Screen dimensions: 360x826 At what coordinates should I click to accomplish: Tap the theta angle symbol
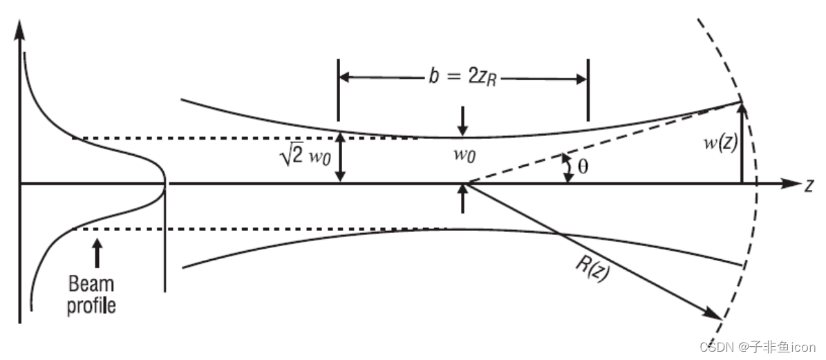click(x=583, y=168)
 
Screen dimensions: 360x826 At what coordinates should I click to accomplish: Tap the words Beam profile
click(x=91, y=294)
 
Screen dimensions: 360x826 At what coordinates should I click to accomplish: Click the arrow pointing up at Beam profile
click(x=97, y=253)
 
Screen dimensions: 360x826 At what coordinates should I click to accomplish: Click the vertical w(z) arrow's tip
click(x=742, y=106)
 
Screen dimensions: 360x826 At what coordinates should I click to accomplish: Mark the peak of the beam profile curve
click(x=164, y=184)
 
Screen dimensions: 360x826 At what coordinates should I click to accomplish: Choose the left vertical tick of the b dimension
click(x=339, y=90)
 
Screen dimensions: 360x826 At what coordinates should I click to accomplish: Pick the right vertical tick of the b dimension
click(x=588, y=90)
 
